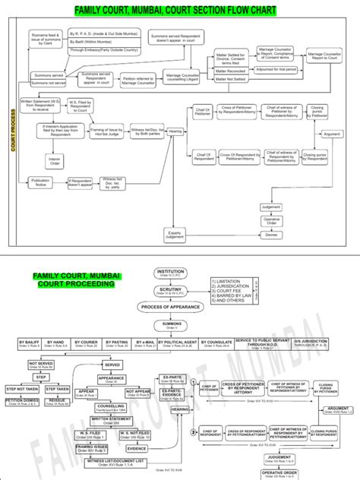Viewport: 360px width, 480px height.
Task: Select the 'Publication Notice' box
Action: pyautogui.click(x=40, y=182)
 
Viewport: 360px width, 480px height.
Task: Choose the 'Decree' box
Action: pyautogui.click(x=271, y=235)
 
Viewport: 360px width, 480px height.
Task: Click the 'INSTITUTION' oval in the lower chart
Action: pyautogui.click(x=170, y=273)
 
